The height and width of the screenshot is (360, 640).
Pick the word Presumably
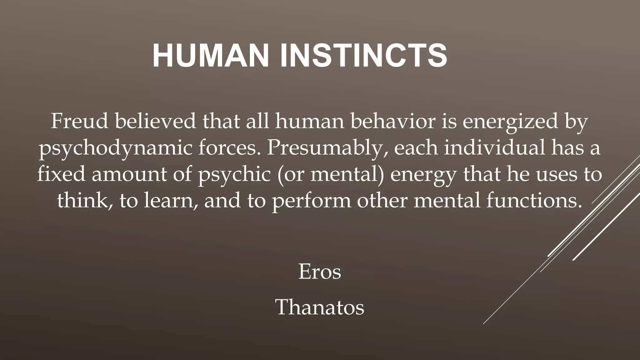[327, 148]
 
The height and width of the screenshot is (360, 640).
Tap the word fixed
[61, 174]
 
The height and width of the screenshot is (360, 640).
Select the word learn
[171, 200]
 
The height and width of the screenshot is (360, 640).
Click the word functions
[534, 200]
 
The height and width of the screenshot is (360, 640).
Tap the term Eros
[320, 272]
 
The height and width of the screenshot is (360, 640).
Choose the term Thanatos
[320, 307]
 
